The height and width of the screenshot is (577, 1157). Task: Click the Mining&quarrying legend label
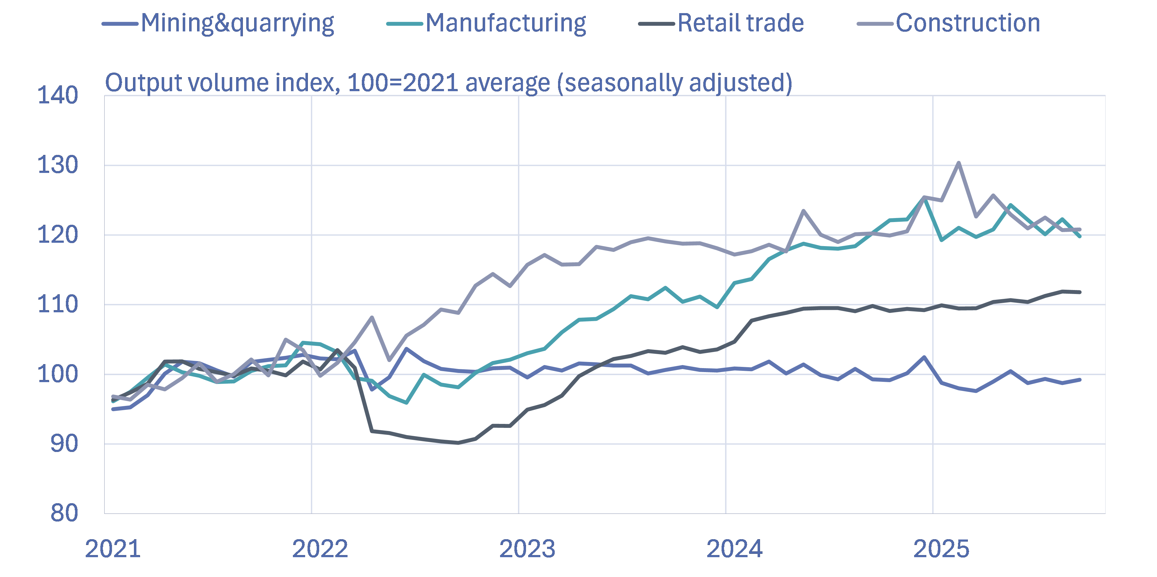(237, 23)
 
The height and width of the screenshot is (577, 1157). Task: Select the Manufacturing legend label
(506, 23)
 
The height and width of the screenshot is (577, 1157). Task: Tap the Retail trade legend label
(741, 23)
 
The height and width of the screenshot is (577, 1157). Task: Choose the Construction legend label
(968, 23)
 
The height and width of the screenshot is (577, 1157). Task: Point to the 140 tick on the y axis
(57, 96)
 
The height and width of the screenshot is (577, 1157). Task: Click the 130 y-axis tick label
(57, 165)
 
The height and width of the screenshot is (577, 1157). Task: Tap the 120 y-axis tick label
(57, 235)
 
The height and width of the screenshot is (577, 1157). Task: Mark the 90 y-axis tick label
(64, 444)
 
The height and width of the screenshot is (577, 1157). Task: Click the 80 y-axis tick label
(64, 513)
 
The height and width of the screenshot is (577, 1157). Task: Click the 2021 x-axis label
(113, 549)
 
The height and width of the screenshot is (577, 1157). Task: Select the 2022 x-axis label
(320, 549)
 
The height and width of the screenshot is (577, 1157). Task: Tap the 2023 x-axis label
(527, 549)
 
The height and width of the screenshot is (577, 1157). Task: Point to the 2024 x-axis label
(734, 549)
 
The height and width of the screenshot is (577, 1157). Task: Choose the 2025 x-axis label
(941, 549)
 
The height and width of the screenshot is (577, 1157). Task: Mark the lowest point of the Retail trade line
(458, 443)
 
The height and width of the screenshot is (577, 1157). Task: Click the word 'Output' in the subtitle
(143, 83)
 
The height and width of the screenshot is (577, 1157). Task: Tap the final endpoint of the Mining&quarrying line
(1080, 380)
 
